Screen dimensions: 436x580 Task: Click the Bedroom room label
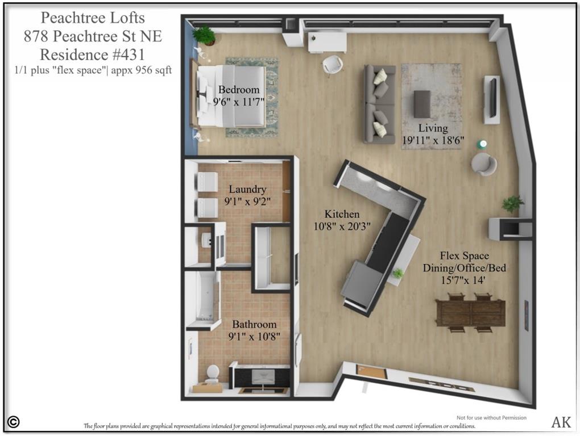239,90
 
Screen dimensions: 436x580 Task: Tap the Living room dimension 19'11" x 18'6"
433,140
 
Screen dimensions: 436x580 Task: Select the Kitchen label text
342,214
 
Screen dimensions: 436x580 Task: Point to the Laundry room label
247,189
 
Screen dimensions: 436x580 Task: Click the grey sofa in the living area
379,104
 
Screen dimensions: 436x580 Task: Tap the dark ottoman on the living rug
422,104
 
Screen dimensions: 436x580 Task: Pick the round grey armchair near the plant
483,164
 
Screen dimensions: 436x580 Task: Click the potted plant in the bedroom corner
204,35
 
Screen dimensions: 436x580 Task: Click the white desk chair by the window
333,64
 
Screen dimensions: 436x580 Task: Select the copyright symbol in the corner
14,422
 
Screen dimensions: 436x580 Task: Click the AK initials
561,422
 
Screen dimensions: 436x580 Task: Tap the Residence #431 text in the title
93,55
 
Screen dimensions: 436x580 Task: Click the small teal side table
482,144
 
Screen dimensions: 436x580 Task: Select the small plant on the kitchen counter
398,274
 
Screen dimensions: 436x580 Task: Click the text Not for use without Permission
491,418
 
